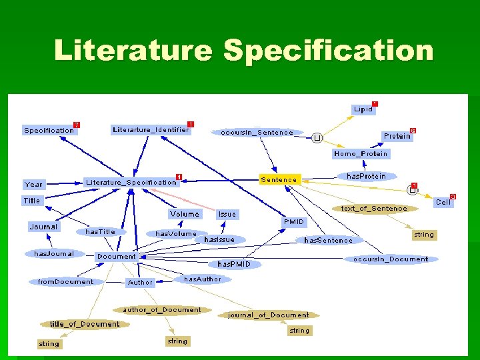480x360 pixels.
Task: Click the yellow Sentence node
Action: coord(279,179)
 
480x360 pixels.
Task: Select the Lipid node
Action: coord(363,109)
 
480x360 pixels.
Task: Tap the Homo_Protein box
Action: coord(361,153)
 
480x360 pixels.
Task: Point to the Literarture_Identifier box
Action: coord(151,130)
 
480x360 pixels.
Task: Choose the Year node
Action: coord(33,184)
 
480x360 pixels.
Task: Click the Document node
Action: coord(116,256)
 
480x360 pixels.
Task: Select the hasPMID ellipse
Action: coord(235,264)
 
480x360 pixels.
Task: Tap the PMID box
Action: coord(293,221)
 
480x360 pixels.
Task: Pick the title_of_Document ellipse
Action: coord(84,324)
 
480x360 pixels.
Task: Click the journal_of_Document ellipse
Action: coord(269,315)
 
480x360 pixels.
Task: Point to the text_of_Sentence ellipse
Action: coord(374,208)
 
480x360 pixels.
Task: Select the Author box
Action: coord(140,282)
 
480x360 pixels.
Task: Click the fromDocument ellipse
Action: coord(65,281)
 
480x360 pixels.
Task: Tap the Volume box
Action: coord(185,214)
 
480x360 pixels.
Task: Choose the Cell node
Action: coord(443,201)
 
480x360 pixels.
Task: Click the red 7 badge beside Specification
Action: coord(77,125)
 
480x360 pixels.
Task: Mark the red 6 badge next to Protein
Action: coord(413,131)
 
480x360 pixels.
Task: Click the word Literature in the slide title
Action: coord(133,51)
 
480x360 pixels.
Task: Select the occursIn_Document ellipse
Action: coord(391,259)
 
